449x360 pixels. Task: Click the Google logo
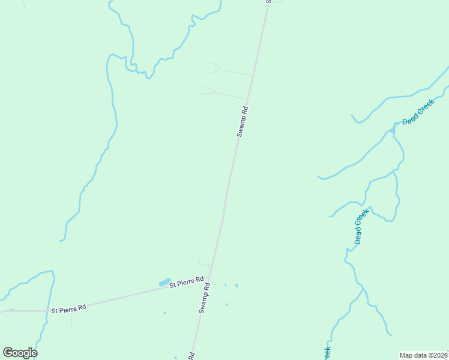(x=20, y=353)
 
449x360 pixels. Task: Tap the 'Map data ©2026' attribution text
(x=423, y=355)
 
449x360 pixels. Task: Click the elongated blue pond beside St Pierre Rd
(x=164, y=282)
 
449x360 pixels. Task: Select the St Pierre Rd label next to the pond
(x=187, y=281)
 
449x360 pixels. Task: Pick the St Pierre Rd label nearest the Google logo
(x=68, y=308)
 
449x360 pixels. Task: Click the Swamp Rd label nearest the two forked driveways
(x=242, y=122)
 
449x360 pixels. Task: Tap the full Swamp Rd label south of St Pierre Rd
(x=205, y=298)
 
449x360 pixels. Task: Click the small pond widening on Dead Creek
(x=394, y=127)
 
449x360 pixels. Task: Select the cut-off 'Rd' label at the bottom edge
(x=191, y=355)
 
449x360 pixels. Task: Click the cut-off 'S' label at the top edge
(x=268, y=2)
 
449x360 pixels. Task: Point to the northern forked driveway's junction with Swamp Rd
(x=253, y=76)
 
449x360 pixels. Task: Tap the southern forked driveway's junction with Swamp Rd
(x=247, y=99)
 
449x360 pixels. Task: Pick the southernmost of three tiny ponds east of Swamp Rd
(x=226, y=304)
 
